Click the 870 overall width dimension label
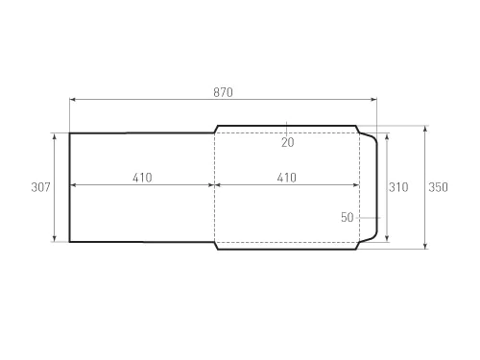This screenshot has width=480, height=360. pos(223,92)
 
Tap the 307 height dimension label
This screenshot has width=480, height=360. pos(40,187)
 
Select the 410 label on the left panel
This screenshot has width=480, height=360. pos(142,178)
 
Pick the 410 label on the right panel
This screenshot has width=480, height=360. pos(287,178)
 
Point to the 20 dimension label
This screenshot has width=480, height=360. pos(288,142)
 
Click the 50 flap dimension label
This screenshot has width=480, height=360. pos(348,218)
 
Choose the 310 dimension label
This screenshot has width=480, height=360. pos(398,187)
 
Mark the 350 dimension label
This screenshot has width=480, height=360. pos(439,187)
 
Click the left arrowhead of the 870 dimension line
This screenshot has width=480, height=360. pos(72,100)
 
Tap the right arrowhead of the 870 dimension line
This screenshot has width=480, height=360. pos(373,100)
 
